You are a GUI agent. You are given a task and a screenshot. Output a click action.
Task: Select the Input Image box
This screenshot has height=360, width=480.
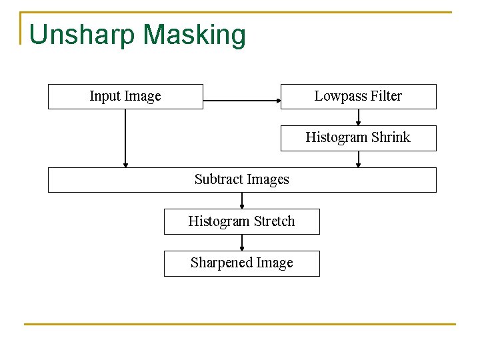pyautogui.click(x=125, y=97)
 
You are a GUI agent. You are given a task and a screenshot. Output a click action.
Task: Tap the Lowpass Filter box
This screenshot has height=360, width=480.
pyautogui.click(x=358, y=97)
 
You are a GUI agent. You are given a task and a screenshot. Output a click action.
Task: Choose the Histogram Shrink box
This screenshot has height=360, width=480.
pyautogui.click(x=358, y=138)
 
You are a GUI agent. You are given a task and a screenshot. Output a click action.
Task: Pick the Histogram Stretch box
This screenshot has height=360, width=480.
pyautogui.click(x=241, y=221)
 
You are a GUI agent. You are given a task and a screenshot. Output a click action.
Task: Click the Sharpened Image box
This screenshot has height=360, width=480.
pyautogui.click(x=241, y=263)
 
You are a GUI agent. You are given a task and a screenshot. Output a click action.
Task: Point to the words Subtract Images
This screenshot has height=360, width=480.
pyautogui.click(x=241, y=179)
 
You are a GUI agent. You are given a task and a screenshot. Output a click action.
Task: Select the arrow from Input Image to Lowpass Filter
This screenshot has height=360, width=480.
pyautogui.click(x=241, y=101)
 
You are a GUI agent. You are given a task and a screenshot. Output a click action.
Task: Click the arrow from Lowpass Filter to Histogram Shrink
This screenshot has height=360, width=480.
pyautogui.click(x=359, y=117)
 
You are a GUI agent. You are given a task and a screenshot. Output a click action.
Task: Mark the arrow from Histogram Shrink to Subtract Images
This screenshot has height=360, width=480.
pyautogui.click(x=359, y=159)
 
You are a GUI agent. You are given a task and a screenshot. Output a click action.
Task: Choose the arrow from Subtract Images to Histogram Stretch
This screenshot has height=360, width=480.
pyautogui.click(x=242, y=201)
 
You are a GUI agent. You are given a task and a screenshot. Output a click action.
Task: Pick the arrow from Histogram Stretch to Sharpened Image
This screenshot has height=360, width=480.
pyautogui.click(x=242, y=243)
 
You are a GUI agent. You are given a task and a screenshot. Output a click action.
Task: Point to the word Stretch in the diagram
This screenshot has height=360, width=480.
pyautogui.click(x=273, y=221)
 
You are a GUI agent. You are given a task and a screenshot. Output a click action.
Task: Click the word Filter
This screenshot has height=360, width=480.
pyautogui.click(x=386, y=97)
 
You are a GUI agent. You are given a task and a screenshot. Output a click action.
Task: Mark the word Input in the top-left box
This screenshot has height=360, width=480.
pyautogui.click(x=105, y=97)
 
